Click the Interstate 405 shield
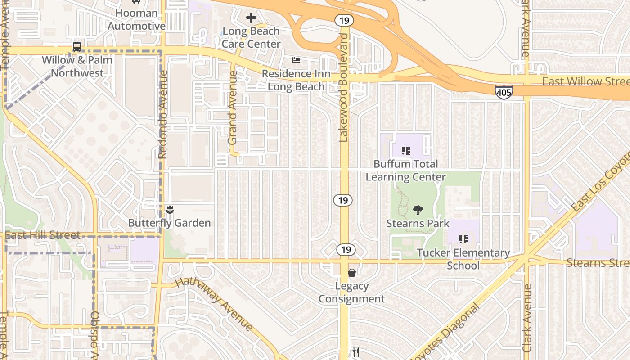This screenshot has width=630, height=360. tap(504, 93)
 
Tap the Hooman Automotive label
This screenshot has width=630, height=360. tap(137, 19)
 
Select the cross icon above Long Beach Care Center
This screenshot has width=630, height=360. tap(251, 18)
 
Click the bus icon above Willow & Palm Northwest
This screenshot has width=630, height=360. tap(77, 47)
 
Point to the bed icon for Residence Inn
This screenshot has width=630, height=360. tap(296, 60)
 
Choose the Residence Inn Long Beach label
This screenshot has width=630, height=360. tap(296, 80)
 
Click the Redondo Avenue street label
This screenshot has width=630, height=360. tap(163, 115)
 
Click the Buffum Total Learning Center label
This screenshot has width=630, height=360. tap(405, 171)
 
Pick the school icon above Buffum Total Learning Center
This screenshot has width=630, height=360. tap(405, 151)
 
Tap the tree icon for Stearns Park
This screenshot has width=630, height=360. tap(418, 210)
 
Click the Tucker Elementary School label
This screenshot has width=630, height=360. tap(463, 259)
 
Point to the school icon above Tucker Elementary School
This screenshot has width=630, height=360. tap(463, 239)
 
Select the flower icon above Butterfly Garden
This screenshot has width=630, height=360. tap(170, 210)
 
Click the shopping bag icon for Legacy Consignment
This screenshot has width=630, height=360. tap(352, 273)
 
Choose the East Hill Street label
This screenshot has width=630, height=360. tap(43, 235)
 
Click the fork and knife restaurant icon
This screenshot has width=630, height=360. tap(356, 352)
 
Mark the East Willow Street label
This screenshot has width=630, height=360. tap(585, 81)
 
